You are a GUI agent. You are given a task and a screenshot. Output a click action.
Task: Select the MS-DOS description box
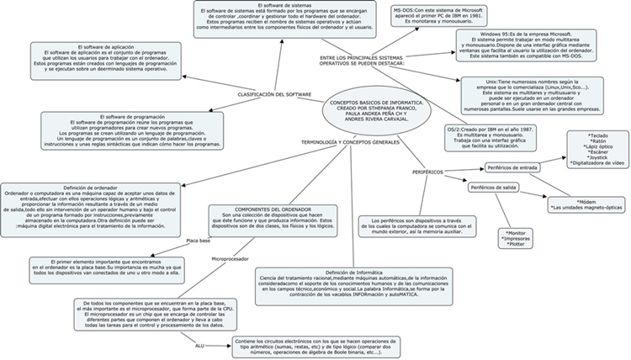coord(435,13)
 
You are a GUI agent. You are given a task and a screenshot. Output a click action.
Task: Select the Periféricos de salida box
coord(496,188)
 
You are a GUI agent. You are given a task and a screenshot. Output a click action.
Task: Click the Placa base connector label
coord(199,241)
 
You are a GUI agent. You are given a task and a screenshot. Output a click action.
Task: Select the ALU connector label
coord(199,345)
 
